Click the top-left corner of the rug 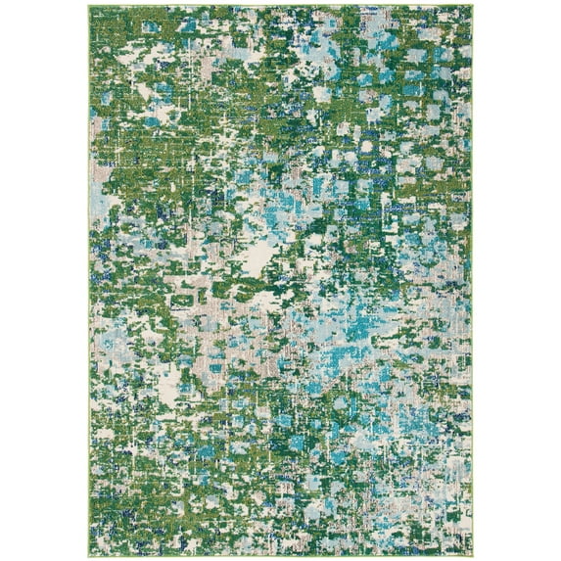coord(87,5)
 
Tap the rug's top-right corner coord(473,5)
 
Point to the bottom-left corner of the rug coord(87,555)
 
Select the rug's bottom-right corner coord(473,555)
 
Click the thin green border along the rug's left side coord(88,294)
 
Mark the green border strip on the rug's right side coord(472,294)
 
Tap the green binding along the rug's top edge coord(280,6)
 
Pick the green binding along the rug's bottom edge coord(280,554)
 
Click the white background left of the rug coord(39,280)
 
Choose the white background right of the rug coord(519,280)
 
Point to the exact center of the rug coord(280,280)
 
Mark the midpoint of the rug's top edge coord(280,5)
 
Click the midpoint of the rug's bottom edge coord(280,555)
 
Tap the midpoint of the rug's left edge coord(87,280)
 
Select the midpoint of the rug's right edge coord(473,280)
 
